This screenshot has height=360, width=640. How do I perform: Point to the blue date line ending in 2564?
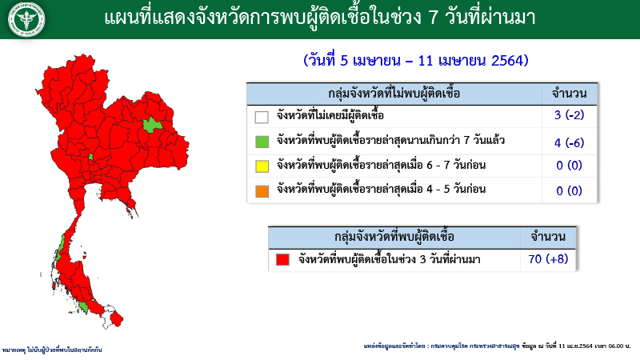416,61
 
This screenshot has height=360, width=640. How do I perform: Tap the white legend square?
262,117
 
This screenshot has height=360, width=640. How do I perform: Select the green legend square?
262,142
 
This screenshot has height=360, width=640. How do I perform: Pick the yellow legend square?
262,166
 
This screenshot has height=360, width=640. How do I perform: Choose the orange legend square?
262,190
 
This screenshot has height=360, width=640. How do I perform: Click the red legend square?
282,260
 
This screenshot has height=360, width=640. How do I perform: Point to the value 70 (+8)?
548,260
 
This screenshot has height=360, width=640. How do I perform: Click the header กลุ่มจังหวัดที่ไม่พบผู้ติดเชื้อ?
394,94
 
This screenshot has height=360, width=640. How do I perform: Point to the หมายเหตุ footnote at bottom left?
52,350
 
